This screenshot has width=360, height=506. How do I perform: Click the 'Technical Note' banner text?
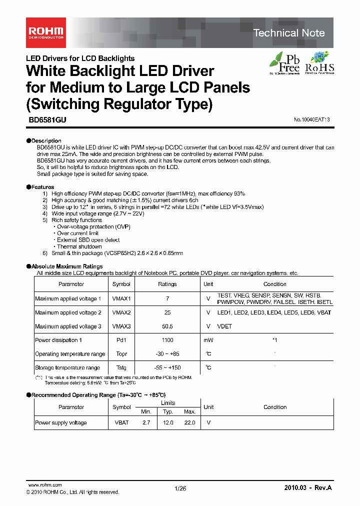tap(289, 33)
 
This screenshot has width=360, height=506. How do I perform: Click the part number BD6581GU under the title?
tap(43, 120)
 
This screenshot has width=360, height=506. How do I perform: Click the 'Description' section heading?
tap(46, 141)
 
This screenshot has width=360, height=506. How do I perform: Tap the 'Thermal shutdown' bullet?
tap(79, 246)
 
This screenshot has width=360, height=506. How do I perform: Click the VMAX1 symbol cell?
tap(121, 298)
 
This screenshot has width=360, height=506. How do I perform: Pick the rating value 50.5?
tap(167, 326)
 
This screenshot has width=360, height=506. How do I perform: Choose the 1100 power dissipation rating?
tap(167, 340)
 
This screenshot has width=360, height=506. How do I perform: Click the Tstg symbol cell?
tap(121, 368)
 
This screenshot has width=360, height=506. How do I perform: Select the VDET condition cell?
tap(225, 326)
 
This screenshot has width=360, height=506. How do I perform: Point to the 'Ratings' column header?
tap(167, 284)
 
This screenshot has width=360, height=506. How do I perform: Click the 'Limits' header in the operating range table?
tap(168, 403)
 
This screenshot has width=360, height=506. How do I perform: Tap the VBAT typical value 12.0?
tap(168, 423)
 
